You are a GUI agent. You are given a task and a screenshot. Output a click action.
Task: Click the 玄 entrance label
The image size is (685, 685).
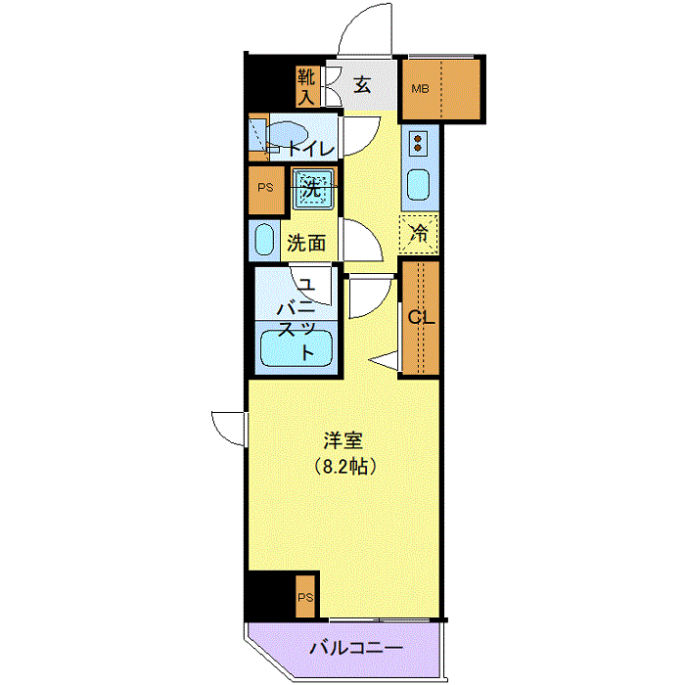click(x=362, y=85)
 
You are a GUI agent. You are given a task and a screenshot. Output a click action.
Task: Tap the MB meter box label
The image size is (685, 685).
click(x=420, y=89)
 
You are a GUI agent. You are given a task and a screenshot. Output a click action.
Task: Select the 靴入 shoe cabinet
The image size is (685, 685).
click(x=307, y=86)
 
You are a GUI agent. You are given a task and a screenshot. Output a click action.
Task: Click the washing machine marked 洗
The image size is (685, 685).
click(x=312, y=189)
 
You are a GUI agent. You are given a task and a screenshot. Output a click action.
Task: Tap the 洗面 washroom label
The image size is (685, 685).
click(x=306, y=243)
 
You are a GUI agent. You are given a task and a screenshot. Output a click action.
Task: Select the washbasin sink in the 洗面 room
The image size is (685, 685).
click(x=264, y=240)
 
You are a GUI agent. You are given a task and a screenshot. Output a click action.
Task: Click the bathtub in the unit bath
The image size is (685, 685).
click(x=297, y=348)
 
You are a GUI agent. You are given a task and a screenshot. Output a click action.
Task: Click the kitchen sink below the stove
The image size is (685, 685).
click(x=418, y=185)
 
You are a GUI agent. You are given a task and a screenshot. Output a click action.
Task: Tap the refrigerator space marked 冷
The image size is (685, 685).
click(x=419, y=234)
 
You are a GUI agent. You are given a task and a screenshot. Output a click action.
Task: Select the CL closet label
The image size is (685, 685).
click(x=421, y=318)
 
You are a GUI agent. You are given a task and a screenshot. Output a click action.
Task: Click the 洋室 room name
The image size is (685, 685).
click(x=343, y=440)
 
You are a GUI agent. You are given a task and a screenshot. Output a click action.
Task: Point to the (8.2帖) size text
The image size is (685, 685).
click(x=345, y=467)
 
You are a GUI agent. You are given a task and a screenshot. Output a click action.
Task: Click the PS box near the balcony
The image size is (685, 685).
click(x=305, y=597)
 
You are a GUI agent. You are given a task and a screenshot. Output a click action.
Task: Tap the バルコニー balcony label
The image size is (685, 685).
click(x=356, y=648)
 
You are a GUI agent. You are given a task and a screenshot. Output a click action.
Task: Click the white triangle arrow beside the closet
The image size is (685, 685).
click(x=385, y=360)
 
